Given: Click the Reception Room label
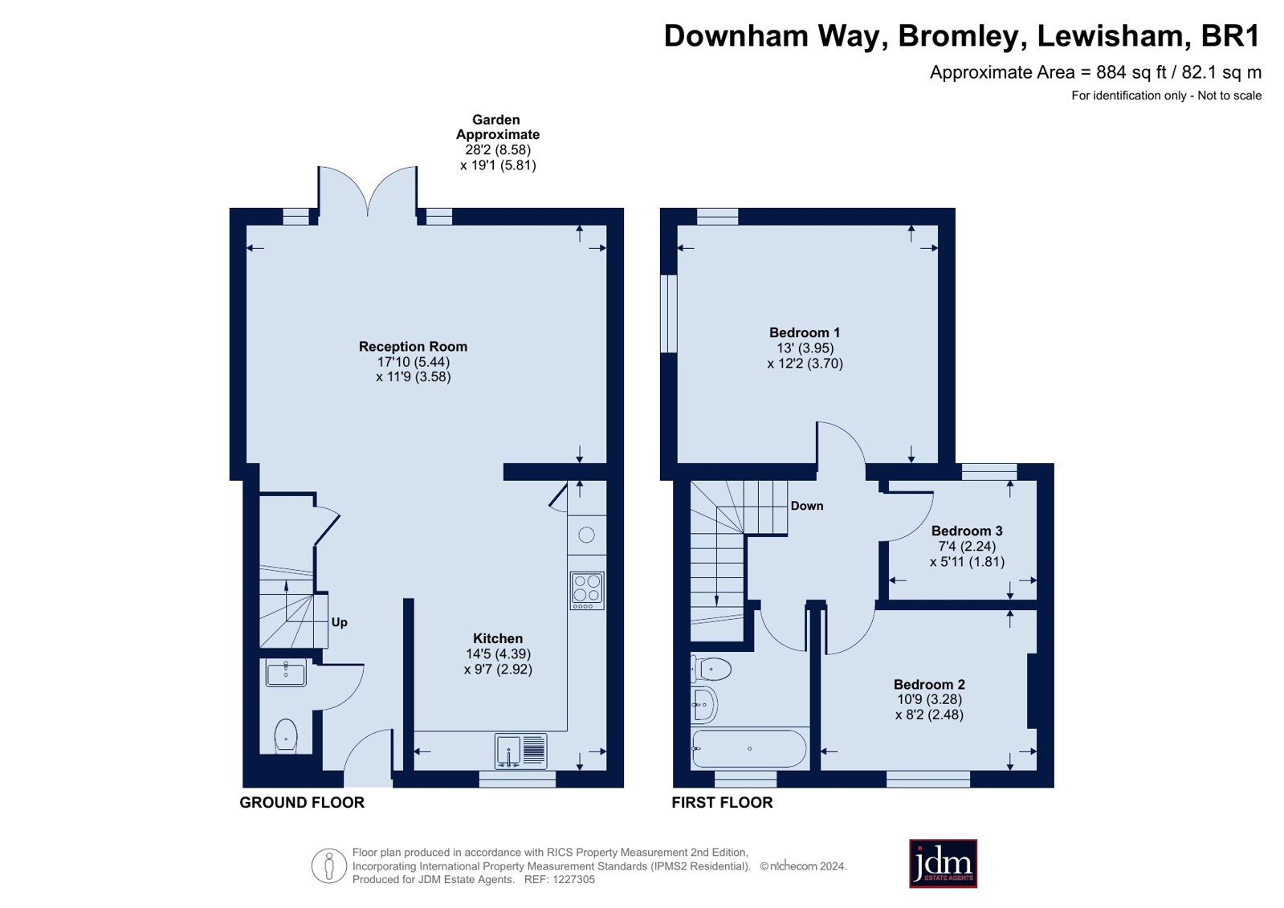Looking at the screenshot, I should [x=413, y=346].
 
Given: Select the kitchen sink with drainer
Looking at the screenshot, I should [x=520, y=751].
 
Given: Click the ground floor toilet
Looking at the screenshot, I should [x=286, y=736].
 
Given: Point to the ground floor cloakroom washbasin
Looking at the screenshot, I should [x=286, y=674].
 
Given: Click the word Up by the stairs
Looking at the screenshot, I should [x=339, y=622].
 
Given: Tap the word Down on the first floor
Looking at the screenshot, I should [x=806, y=506].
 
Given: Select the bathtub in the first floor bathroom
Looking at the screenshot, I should [x=748, y=748].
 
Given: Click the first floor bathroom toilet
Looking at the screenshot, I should [x=711, y=668].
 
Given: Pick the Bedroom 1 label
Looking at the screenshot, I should [x=805, y=332].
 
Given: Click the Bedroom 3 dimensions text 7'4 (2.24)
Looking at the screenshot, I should [x=967, y=546].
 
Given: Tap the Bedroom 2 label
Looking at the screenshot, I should [x=929, y=684].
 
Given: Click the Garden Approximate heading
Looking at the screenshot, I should [x=497, y=127].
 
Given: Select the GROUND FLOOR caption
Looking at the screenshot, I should [x=302, y=802].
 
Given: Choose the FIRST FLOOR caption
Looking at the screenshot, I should [x=722, y=802].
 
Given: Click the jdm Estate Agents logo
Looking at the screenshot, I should [x=943, y=864].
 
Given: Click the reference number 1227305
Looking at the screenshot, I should [x=571, y=879].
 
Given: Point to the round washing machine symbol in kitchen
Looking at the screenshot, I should [x=586, y=535].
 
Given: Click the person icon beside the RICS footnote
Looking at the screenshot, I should [x=328, y=866].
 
